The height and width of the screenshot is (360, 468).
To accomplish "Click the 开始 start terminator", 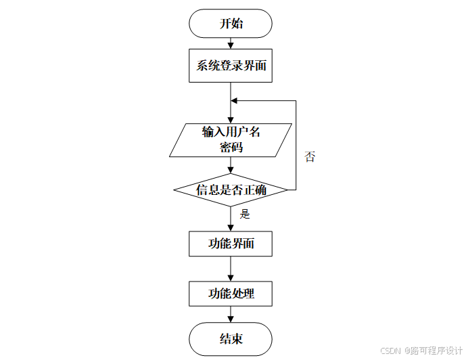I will (x=231, y=24).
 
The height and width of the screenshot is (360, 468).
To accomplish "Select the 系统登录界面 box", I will (x=231, y=66).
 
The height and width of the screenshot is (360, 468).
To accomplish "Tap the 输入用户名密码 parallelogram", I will (x=231, y=139).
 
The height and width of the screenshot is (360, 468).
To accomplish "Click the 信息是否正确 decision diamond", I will (x=231, y=190).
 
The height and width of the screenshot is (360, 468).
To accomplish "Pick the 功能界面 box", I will (x=231, y=244).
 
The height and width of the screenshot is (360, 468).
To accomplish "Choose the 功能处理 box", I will (x=231, y=294).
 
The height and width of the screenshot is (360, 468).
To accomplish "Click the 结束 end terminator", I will (x=231, y=339).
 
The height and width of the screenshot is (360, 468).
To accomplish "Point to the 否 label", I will (x=310, y=157).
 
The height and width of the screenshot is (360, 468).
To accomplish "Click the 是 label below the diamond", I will (x=245, y=215).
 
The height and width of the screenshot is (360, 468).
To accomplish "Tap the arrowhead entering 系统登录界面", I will (x=231, y=46).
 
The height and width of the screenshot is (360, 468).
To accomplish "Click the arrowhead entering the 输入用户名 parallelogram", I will (x=231, y=119).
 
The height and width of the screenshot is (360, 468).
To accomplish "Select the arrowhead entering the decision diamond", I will (x=231, y=169).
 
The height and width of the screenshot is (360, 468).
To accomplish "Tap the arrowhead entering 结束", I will (x=231, y=319).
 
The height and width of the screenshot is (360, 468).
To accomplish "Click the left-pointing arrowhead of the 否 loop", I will (x=235, y=101).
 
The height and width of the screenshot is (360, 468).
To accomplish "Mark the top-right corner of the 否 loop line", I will (x=296, y=101).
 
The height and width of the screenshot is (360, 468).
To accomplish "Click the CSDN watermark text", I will (x=391, y=351).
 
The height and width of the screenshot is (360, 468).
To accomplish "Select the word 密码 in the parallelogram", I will (x=231, y=147).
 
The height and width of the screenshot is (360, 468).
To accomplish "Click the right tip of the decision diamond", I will (x=287, y=190).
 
